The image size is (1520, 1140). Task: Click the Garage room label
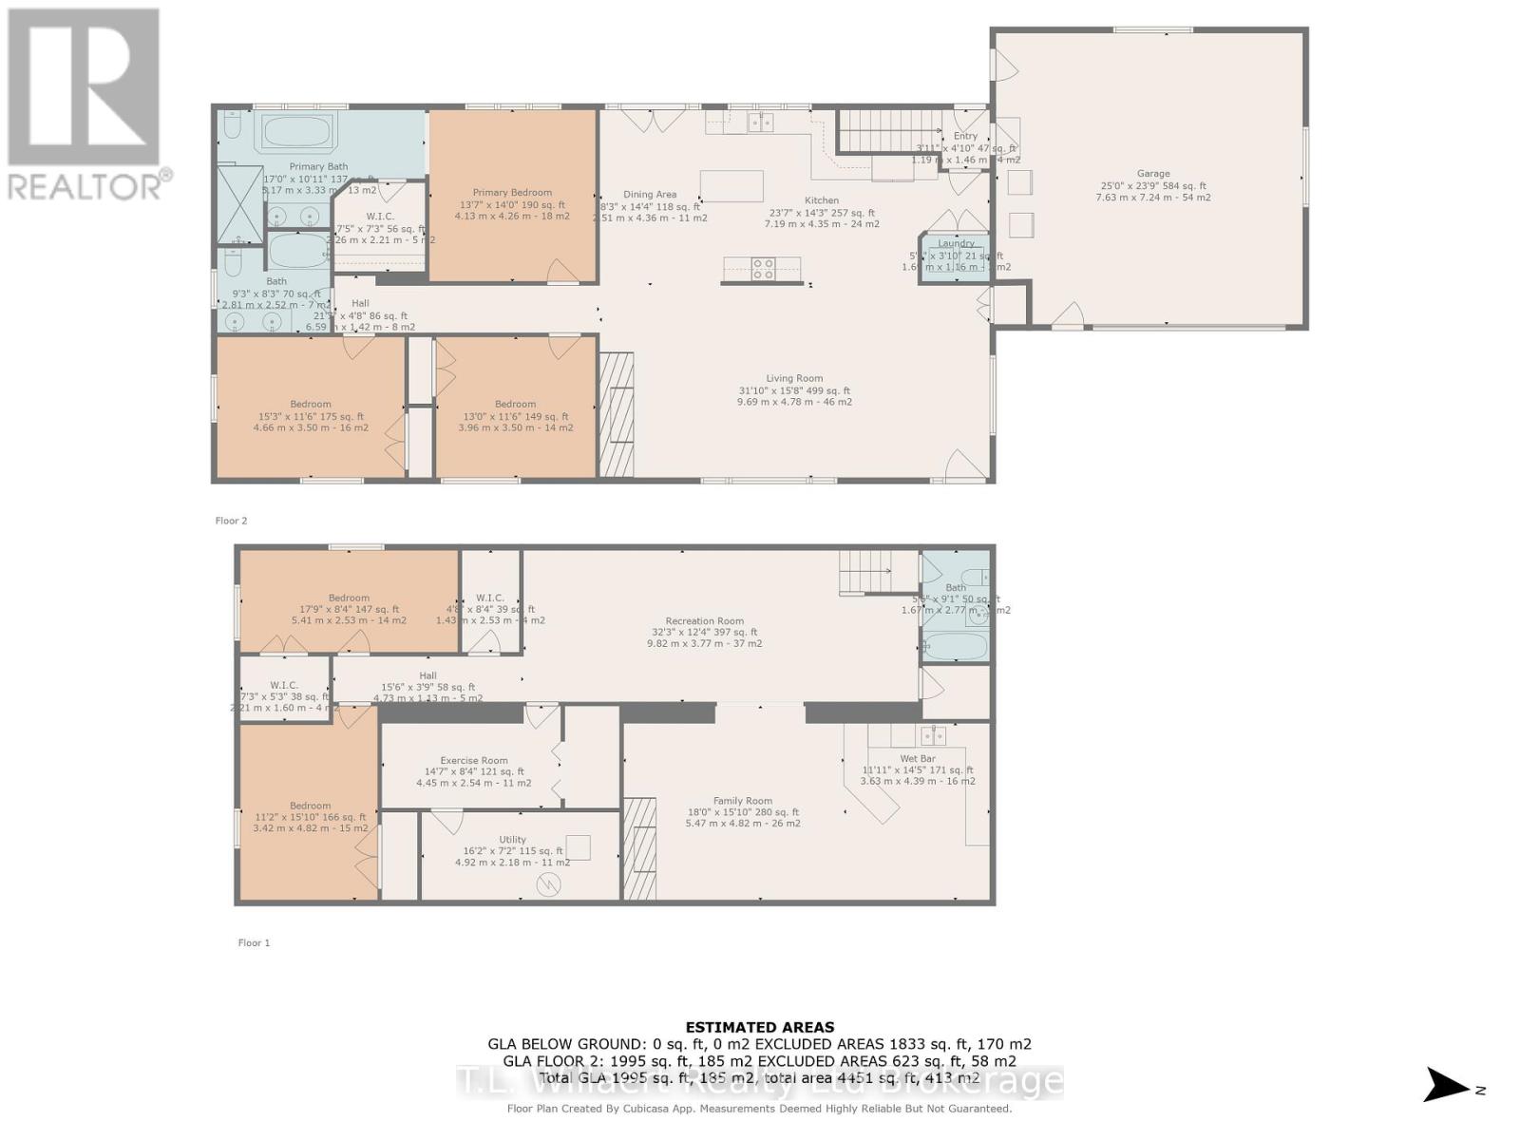click(x=1152, y=174)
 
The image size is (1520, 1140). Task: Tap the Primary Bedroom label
click(x=512, y=193)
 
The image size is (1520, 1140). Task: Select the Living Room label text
click(x=794, y=378)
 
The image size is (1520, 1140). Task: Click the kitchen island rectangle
click(x=731, y=186)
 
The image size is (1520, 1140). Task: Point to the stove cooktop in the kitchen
click(x=763, y=270)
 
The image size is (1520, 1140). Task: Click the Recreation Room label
click(x=704, y=621)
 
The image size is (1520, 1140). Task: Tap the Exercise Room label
click(x=473, y=760)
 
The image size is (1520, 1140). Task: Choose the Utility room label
click(x=512, y=840)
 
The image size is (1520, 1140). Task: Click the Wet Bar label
click(x=917, y=759)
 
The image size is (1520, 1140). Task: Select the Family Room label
click(x=742, y=801)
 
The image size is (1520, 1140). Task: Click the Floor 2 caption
click(x=231, y=521)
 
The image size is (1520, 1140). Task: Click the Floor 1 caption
click(x=254, y=942)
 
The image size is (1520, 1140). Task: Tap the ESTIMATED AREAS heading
click(x=759, y=1027)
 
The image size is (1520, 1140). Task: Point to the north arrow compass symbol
click(x=1448, y=1085)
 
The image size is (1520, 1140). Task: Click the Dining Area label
click(x=650, y=195)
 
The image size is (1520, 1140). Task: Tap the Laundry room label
click(x=956, y=244)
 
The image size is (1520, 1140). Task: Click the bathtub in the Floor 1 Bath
click(x=955, y=647)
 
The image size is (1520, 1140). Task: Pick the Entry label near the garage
click(x=965, y=137)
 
